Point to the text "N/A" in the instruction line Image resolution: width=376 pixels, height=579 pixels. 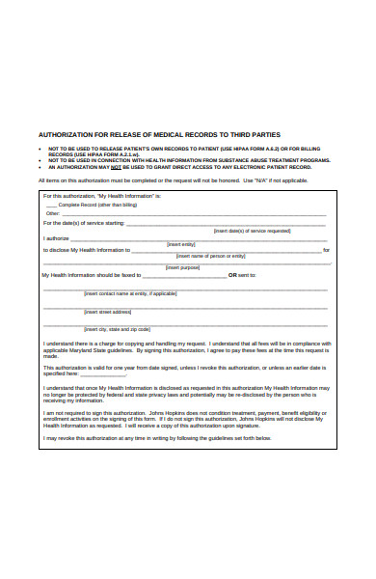point(258,180)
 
